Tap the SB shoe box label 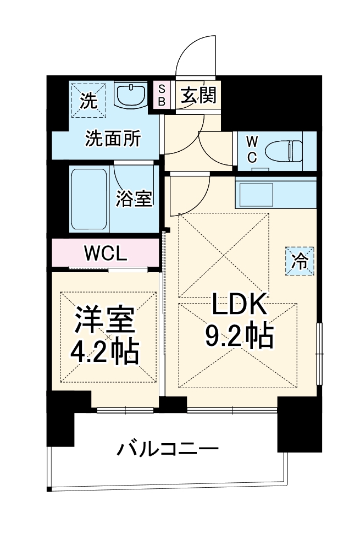click(x=162, y=95)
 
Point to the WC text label click(x=251, y=148)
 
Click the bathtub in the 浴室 click(x=88, y=199)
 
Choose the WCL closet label click(x=106, y=254)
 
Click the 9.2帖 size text click(x=239, y=335)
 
